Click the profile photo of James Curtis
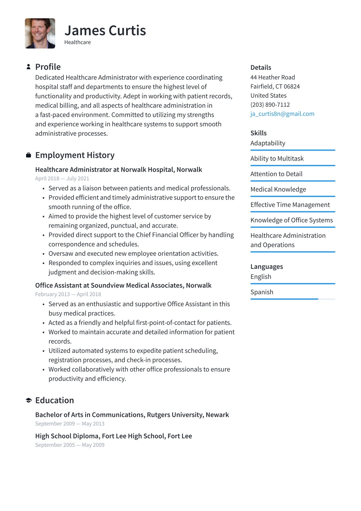[40, 33]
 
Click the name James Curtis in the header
[105, 31]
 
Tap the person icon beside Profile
[29, 67]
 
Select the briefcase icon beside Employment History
[29, 155]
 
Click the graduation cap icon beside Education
[29, 400]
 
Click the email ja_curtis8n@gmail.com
[282, 114]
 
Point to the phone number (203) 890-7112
[270, 105]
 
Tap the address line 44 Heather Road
[273, 77]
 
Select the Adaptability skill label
[268, 143]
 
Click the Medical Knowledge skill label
[278, 189]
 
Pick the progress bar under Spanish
[293, 299]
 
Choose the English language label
[261, 277]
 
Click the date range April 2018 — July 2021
[62, 178]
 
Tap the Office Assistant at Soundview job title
[123, 285]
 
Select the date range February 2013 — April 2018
[68, 294]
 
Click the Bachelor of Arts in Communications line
[132, 415]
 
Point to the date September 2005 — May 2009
[70, 445]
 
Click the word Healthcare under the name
[77, 42]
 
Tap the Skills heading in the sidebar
[258, 133]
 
